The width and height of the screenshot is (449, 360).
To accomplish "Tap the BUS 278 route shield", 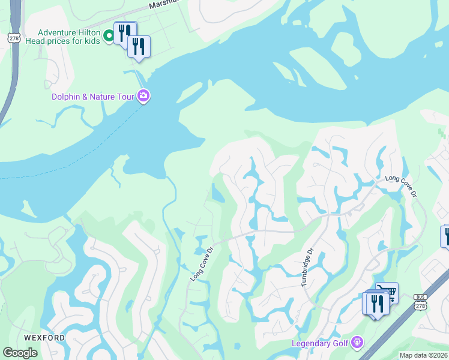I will [420, 302].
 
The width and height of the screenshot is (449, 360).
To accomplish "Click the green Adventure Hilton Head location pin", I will [109, 37].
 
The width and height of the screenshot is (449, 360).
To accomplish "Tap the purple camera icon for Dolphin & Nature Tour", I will [143, 95].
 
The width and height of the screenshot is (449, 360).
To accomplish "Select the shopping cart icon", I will [388, 292].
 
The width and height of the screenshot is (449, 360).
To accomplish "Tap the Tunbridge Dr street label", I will [308, 267].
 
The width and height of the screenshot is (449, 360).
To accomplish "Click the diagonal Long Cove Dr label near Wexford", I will [202, 264].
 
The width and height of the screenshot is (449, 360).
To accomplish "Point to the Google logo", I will [20, 353].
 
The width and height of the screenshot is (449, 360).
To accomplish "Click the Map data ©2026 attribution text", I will [423, 355].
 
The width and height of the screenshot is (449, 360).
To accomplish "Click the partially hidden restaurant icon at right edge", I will [446, 236].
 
